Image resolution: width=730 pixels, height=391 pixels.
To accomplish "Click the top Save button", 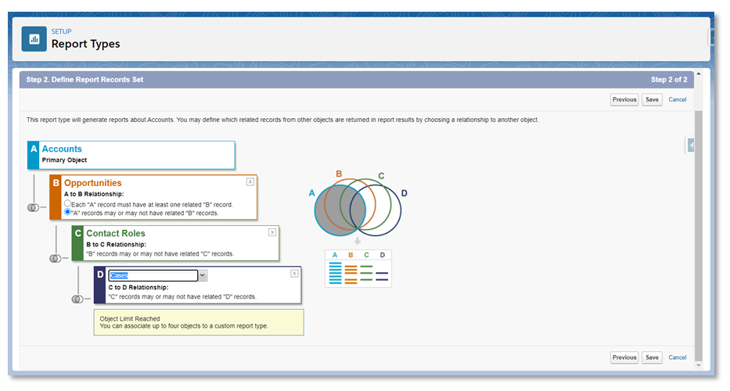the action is pyautogui.click(x=652, y=99).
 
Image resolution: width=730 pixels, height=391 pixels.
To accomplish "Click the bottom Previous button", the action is pyautogui.click(x=624, y=357).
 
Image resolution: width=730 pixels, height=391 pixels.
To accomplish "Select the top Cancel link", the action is pyautogui.click(x=678, y=99).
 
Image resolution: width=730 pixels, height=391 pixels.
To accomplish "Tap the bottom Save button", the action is pyautogui.click(x=652, y=357).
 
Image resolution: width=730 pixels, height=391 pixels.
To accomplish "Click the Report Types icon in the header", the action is pyautogui.click(x=34, y=39).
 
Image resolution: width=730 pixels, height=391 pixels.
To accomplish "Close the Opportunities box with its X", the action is pyautogui.click(x=250, y=182).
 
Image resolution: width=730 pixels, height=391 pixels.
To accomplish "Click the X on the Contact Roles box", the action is pyautogui.click(x=272, y=232).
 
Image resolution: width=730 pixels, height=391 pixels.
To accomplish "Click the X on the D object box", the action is pyautogui.click(x=294, y=274).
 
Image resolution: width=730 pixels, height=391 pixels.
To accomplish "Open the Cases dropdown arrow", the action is pyautogui.click(x=203, y=275).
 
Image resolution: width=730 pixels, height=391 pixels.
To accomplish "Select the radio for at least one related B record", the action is pyautogui.click(x=67, y=203).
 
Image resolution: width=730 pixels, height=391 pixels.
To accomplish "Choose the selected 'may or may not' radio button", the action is pyautogui.click(x=67, y=212).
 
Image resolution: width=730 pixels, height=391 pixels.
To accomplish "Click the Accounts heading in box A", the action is pyautogui.click(x=62, y=149).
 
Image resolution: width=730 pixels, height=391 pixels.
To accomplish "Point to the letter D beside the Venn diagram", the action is pyautogui.click(x=404, y=193).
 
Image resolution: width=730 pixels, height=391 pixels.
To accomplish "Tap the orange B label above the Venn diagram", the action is pyautogui.click(x=339, y=174).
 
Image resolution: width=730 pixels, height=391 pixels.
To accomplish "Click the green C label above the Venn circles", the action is pyautogui.click(x=381, y=176).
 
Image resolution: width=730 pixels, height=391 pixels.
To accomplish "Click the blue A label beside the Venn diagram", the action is pyautogui.click(x=311, y=192).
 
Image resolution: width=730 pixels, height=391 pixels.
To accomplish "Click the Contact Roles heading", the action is pyautogui.click(x=116, y=233).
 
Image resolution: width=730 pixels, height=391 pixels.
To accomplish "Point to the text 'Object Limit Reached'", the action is pyautogui.click(x=130, y=319).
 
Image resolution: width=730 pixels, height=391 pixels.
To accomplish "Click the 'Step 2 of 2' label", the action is pyautogui.click(x=669, y=80).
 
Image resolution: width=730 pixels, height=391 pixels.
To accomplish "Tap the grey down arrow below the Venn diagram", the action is pyautogui.click(x=357, y=241).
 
